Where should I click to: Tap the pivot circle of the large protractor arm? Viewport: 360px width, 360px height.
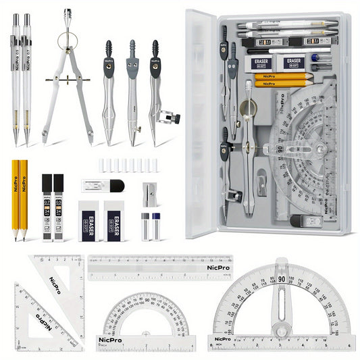(280, 330)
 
